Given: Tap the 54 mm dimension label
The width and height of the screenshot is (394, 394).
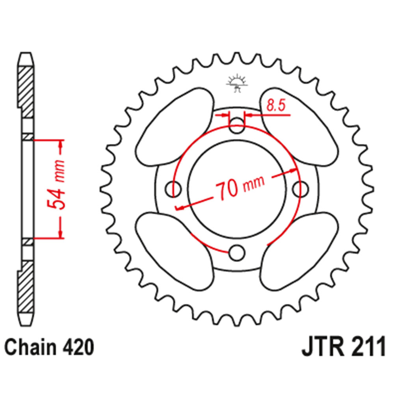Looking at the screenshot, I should (x=55, y=185).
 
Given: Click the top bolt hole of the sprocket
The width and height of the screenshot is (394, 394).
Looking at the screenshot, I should (x=237, y=126).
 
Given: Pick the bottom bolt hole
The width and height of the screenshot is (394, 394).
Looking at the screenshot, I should (x=237, y=253).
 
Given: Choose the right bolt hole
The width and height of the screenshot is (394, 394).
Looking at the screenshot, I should (x=302, y=189).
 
